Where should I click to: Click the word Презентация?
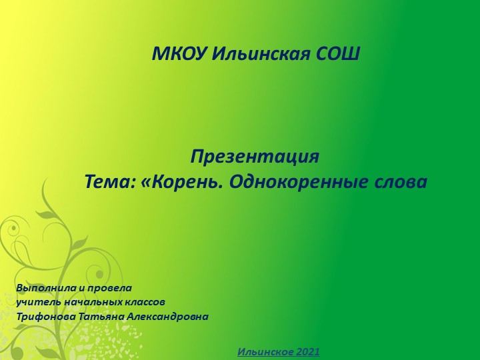tap(255, 158)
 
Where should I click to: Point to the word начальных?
tap(87, 303)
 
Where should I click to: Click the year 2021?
tap(307, 351)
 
